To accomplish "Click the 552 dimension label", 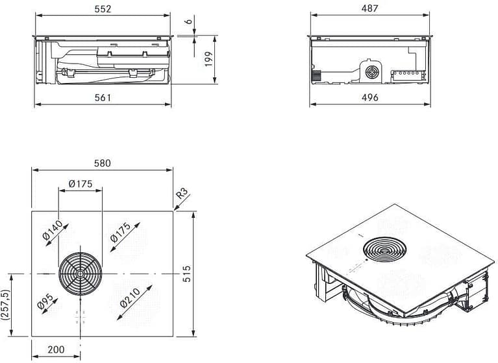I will pyautogui.click(x=103, y=9).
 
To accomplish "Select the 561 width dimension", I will pyautogui.click(x=103, y=98).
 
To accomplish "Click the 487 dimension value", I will pyautogui.click(x=369, y=9).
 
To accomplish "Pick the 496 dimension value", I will pyautogui.click(x=369, y=98).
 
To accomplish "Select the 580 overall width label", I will pyautogui.click(x=103, y=163).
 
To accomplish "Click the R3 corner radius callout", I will pyautogui.click(x=182, y=193).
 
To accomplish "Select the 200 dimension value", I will pyautogui.click(x=56, y=350).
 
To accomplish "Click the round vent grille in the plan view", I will pyautogui.click(x=81, y=274).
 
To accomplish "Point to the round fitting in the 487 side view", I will pyautogui.click(x=373, y=71).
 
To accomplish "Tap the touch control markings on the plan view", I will pyautogui.click(x=81, y=317).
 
